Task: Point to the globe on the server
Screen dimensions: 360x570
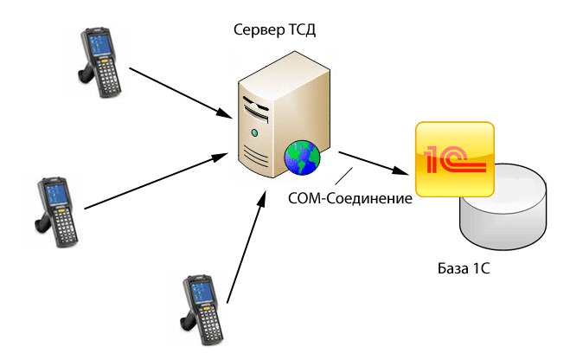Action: [x=301, y=157]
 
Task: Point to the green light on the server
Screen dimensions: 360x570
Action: [x=254, y=132]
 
